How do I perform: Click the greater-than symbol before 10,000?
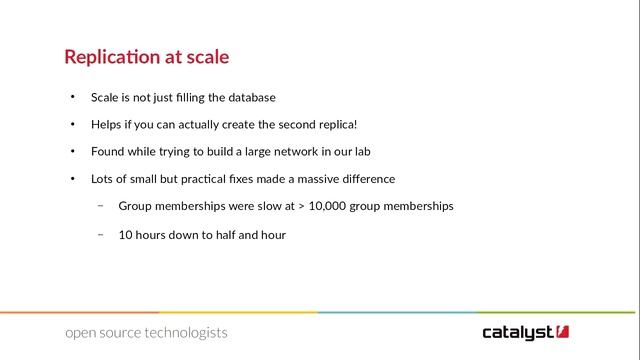click(301, 207)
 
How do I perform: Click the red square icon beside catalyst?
click(564, 331)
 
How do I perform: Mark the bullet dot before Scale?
click(72, 98)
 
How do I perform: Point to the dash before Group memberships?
click(101, 206)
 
